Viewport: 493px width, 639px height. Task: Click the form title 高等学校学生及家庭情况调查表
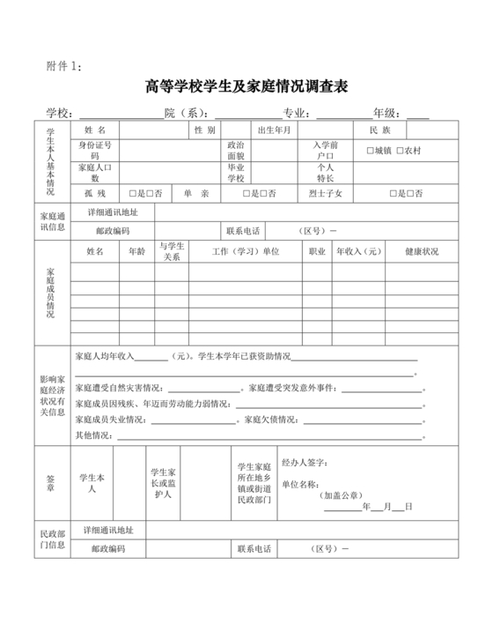pos(247,86)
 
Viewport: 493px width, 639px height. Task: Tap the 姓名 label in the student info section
pos(94,130)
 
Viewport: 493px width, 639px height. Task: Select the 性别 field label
pos(204,130)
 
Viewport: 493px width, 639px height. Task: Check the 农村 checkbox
pos(401,151)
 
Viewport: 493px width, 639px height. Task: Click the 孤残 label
pos(95,193)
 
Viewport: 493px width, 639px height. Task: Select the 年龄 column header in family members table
pos(137,252)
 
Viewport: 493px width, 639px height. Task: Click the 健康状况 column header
pos(422,252)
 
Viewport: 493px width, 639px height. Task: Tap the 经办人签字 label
pos(304,462)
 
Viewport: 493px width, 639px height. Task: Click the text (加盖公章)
pos(342,496)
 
